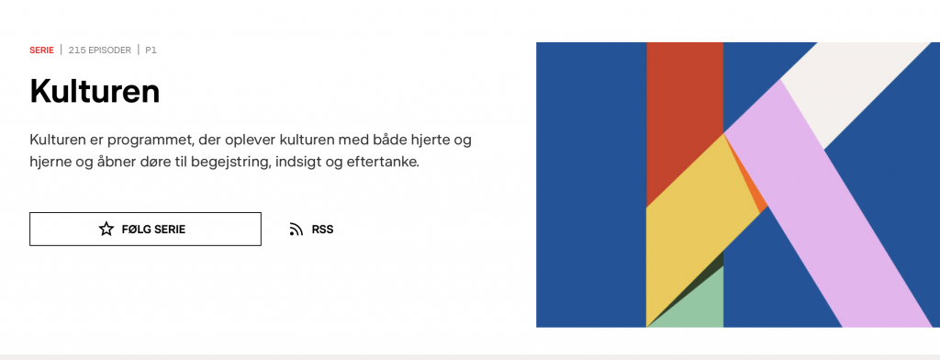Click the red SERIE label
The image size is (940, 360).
tap(41, 51)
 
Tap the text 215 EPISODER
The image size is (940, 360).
tap(99, 51)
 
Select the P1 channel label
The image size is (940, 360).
tap(151, 51)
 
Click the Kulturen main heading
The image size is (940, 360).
tap(95, 92)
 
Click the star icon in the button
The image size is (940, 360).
tap(106, 230)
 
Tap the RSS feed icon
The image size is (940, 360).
tap(297, 230)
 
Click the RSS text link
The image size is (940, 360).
tap(322, 230)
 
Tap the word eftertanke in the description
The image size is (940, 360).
tap(382, 163)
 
